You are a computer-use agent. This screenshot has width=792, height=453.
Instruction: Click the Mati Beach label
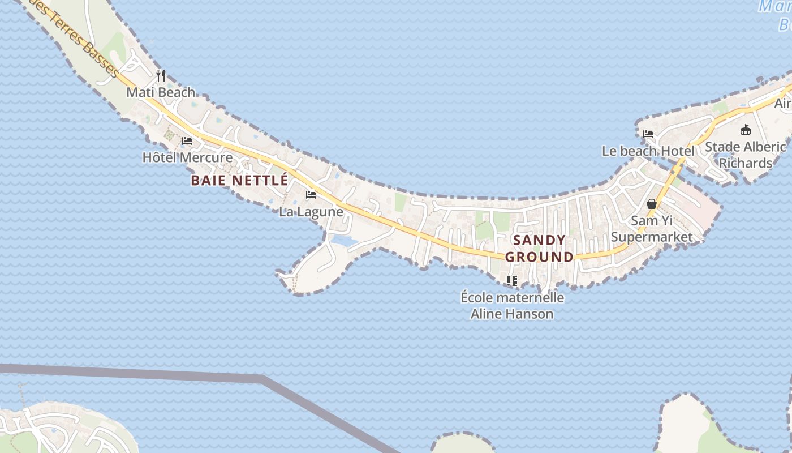point(161,92)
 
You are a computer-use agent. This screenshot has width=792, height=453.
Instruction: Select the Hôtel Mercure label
point(187,157)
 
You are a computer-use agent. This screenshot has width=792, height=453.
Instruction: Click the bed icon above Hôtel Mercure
point(187,140)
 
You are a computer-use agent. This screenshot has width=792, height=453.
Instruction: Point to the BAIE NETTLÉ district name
point(239,181)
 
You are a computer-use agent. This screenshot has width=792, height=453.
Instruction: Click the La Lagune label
point(311,212)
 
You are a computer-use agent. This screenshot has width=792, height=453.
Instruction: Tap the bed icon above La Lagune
point(311,195)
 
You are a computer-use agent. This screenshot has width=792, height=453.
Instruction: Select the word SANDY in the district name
point(539,240)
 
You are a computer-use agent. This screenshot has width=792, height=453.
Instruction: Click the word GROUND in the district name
point(539,257)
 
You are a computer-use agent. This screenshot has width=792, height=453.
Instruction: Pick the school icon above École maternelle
point(512,280)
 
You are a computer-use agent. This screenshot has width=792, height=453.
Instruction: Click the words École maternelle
point(512,297)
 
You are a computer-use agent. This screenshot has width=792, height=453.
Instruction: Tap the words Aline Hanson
point(512,314)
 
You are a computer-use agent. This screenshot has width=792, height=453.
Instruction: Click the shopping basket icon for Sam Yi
point(652,204)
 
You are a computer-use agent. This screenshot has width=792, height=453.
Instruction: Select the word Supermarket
point(652,237)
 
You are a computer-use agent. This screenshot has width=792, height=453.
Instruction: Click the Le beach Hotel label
point(648,151)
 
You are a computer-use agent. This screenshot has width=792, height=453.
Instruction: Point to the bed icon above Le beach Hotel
point(648,134)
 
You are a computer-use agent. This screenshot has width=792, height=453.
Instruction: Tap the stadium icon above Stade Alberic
point(746,130)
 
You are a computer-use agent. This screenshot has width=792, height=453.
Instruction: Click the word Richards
point(746,164)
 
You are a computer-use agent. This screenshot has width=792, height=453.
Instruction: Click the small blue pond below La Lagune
point(343,241)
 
